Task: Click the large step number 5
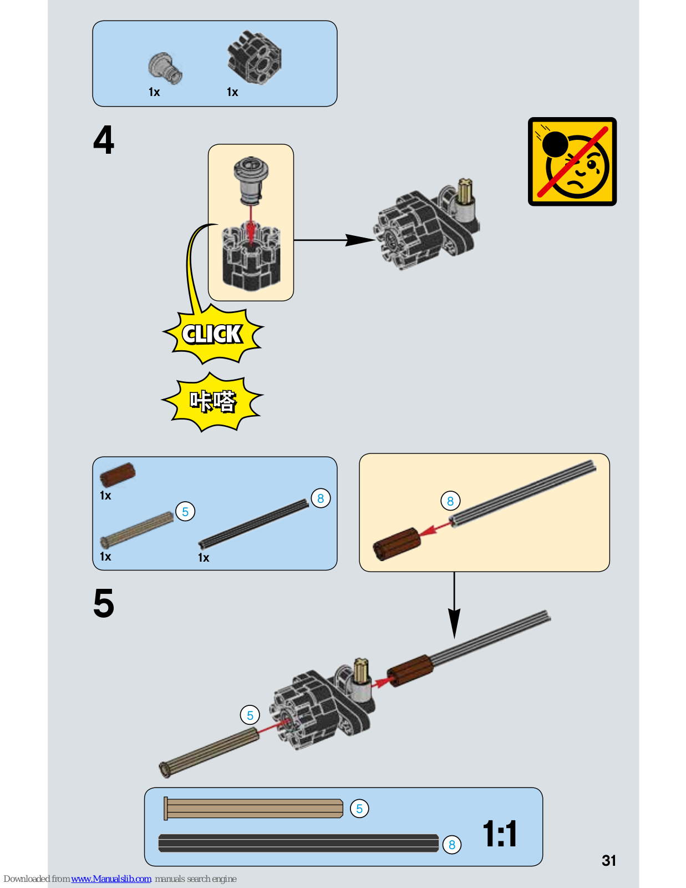[x=104, y=603]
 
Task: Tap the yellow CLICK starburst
[x=212, y=334]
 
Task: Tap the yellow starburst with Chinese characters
[x=213, y=401]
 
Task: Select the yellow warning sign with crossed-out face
[x=572, y=162]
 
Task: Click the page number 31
[x=609, y=860]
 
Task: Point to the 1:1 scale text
[x=500, y=834]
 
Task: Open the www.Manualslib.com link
[x=111, y=879]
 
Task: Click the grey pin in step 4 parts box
[x=165, y=68]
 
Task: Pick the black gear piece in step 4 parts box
[x=255, y=58]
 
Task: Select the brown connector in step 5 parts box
[x=118, y=475]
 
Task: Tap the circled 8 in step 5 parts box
[x=321, y=498]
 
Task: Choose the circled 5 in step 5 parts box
[x=185, y=512]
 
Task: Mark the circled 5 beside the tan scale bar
[x=359, y=809]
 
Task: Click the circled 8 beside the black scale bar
[x=452, y=845]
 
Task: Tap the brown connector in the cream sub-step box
[x=397, y=543]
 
